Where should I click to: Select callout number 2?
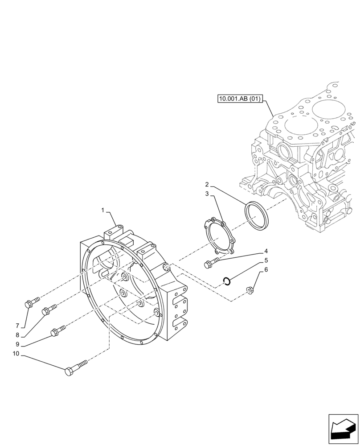207,184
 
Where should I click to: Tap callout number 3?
207,194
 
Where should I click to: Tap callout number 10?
16,354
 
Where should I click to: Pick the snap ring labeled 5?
227,281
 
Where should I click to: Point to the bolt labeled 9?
58,331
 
